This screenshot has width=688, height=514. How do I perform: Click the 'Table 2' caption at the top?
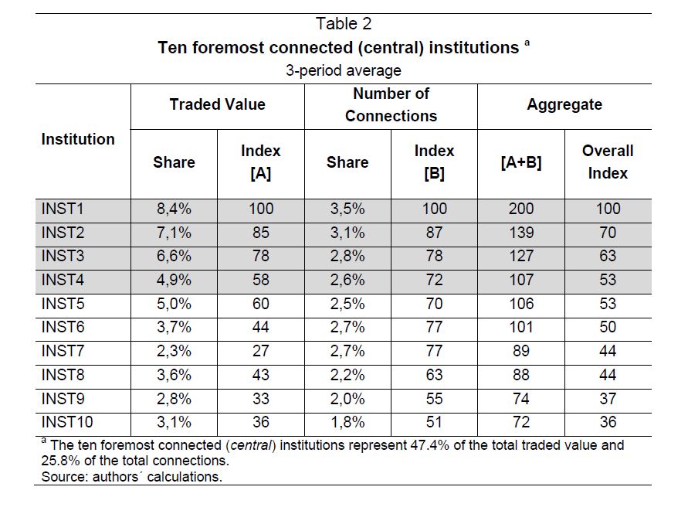coord(344,24)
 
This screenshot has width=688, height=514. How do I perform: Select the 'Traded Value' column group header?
coord(218,104)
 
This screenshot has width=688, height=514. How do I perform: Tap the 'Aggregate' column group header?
coord(564,105)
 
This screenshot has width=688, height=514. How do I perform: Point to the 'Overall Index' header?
coord(608,162)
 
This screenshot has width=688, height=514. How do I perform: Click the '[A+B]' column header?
coord(521,162)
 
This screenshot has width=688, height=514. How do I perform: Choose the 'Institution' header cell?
coord(78,139)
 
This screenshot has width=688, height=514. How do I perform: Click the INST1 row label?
coord(63,209)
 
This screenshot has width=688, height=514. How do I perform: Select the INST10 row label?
coord(67,422)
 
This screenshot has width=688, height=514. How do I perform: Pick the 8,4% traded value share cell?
coord(174,209)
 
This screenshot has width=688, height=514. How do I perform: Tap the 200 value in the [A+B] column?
coord(521,209)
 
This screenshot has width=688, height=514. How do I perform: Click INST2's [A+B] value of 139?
coord(521,233)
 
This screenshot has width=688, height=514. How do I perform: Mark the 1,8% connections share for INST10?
coord(347,422)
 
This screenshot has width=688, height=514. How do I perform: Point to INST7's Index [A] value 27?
coord(261,351)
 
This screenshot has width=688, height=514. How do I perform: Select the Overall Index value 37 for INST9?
coord(608,399)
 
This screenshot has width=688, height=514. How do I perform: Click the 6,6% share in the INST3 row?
coord(174,256)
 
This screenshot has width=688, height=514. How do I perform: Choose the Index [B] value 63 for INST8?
coord(435,375)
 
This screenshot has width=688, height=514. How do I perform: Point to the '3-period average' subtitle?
coord(344,70)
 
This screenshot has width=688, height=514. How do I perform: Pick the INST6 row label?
coord(63,327)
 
